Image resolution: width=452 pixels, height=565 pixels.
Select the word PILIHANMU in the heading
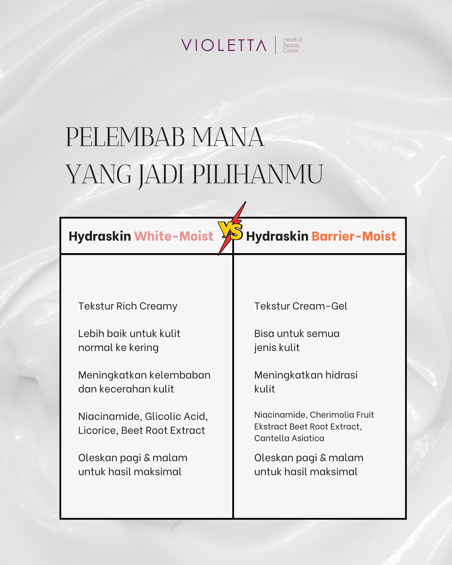(x=258, y=174)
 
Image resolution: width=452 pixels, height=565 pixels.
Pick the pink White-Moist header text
(x=174, y=236)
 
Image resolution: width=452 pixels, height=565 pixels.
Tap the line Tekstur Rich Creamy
(x=128, y=306)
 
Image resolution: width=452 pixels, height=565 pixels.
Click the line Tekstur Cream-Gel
(x=301, y=306)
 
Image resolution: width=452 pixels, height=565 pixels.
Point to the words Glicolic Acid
(x=176, y=416)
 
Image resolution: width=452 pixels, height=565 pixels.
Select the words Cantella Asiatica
(x=289, y=438)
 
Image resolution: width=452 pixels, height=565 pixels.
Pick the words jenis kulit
(x=277, y=348)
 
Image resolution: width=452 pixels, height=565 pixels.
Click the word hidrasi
(x=341, y=375)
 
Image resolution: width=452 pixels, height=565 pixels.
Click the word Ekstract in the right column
(x=271, y=427)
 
